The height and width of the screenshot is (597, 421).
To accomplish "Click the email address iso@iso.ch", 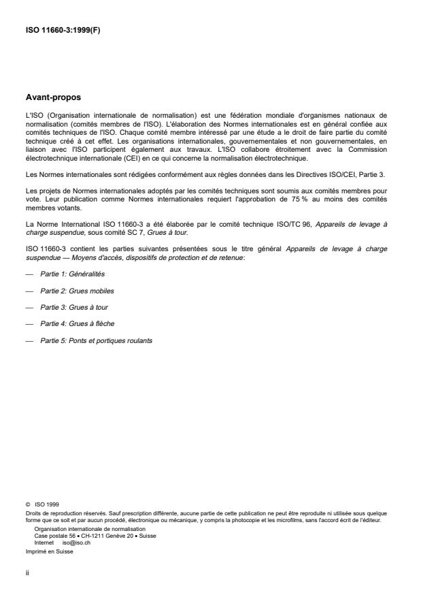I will click(76, 543).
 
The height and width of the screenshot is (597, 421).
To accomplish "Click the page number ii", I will click(27, 573).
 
